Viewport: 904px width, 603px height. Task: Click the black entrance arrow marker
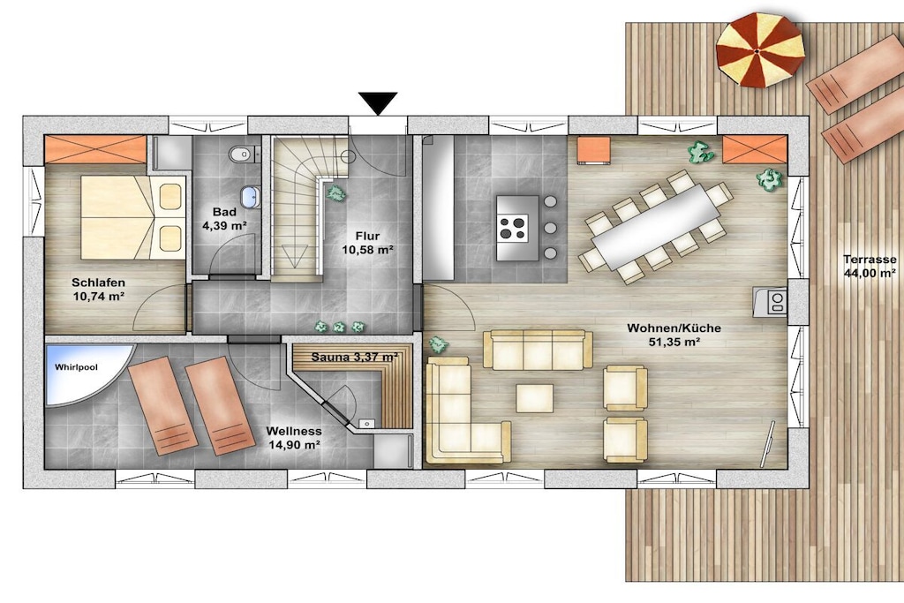click(x=378, y=103)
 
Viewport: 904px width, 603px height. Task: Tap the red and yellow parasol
click(x=760, y=49)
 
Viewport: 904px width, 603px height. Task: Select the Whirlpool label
click(x=76, y=367)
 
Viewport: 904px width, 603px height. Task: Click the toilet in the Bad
click(x=241, y=154)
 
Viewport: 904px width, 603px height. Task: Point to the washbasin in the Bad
click(x=250, y=197)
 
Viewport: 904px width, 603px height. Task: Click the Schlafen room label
click(x=99, y=283)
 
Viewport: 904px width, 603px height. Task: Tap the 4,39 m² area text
click(x=224, y=225)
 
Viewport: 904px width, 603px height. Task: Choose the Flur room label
click(x=367, y=236)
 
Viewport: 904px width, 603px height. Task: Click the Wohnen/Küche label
click(x=674, y=328)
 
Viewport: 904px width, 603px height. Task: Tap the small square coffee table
click(x=534, y=398)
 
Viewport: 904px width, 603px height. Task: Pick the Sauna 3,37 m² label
click(x=355, y=357)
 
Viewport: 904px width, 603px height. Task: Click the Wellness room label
click(x=294, y=431)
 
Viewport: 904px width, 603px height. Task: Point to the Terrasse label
click(x=870, y=260)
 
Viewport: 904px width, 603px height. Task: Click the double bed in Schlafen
click(x=132, y=217)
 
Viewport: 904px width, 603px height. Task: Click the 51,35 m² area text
click(x=674, y=342)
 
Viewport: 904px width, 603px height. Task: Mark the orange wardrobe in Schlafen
click(x=95, y=150)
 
